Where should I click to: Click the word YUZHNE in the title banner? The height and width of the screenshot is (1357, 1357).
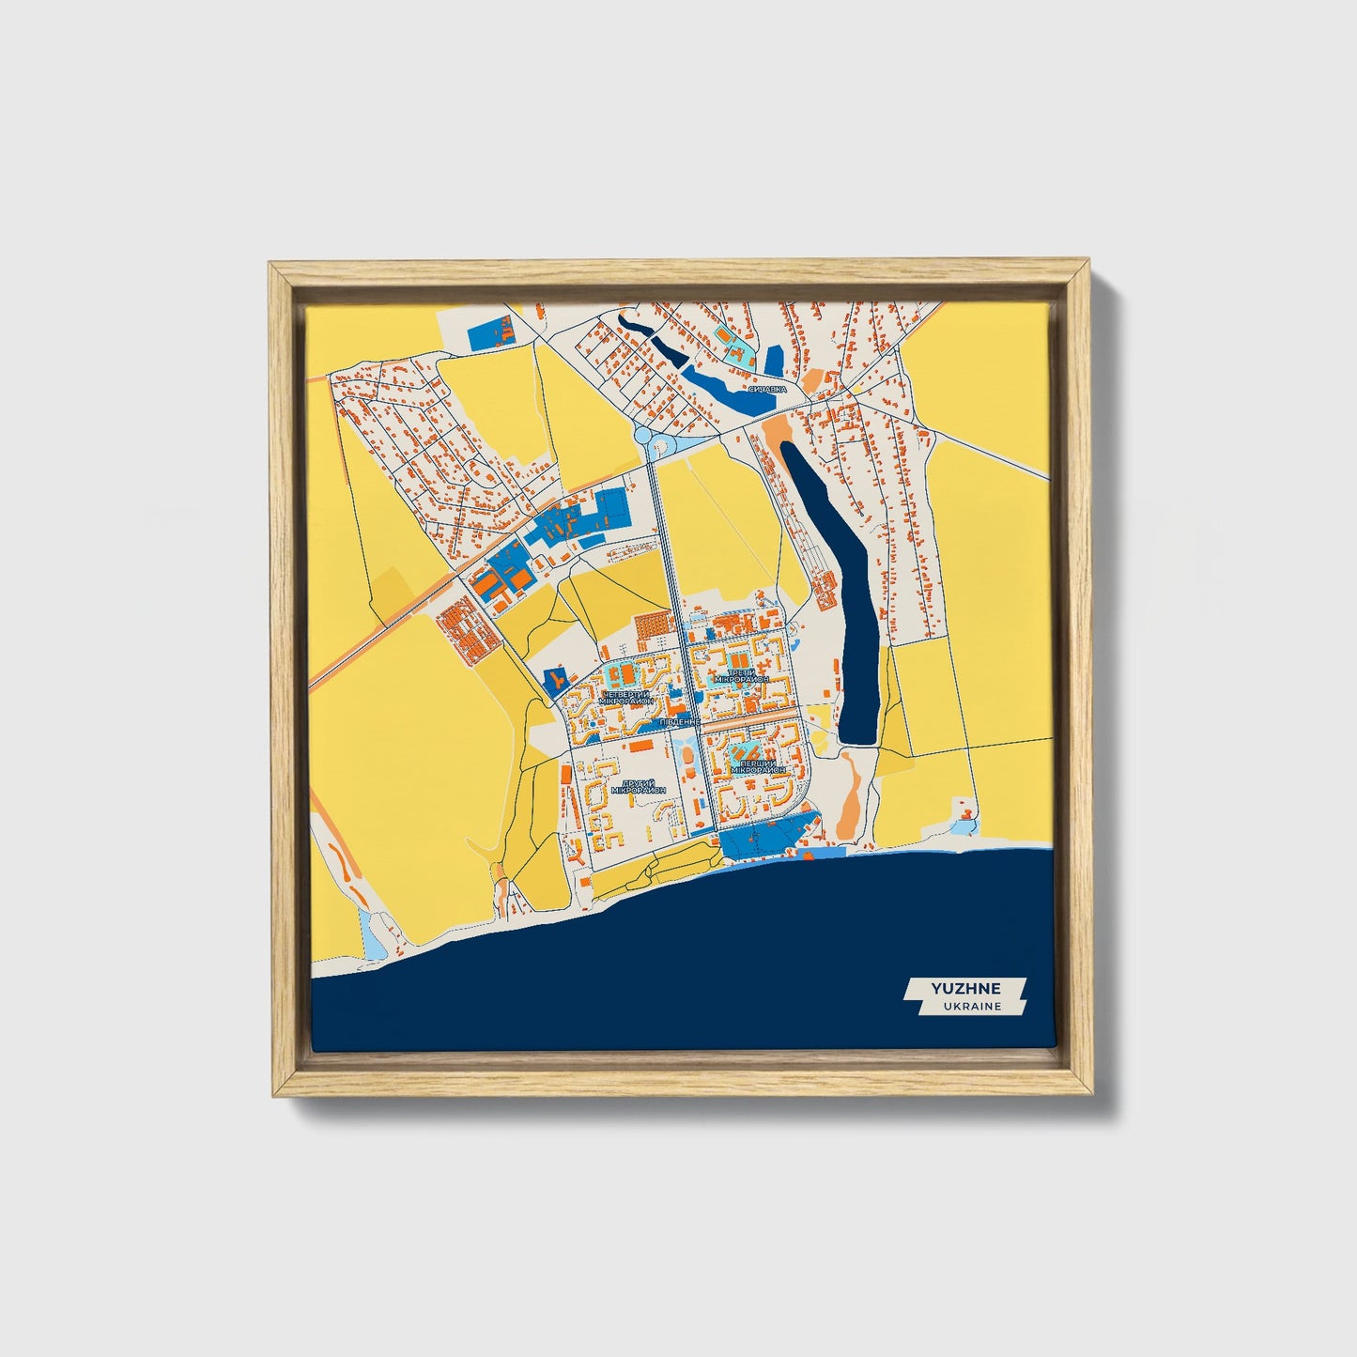pos(965,988)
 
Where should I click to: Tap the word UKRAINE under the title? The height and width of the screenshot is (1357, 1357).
pos(965,1006)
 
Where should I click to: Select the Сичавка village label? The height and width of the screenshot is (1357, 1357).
pos(767,388)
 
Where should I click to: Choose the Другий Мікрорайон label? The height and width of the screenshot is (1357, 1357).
pos(637,786)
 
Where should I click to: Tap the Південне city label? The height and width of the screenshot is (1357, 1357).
pos(677,722)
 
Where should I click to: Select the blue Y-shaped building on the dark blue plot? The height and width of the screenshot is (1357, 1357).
pos(557,677)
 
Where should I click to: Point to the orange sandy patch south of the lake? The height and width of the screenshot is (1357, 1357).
pos(850,789)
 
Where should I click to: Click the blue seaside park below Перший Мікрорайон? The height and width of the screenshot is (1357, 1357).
pos(765,834)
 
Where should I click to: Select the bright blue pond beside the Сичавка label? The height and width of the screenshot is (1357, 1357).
pos(728,389)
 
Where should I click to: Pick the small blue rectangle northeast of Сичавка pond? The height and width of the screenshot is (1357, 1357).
pos(774,360)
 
